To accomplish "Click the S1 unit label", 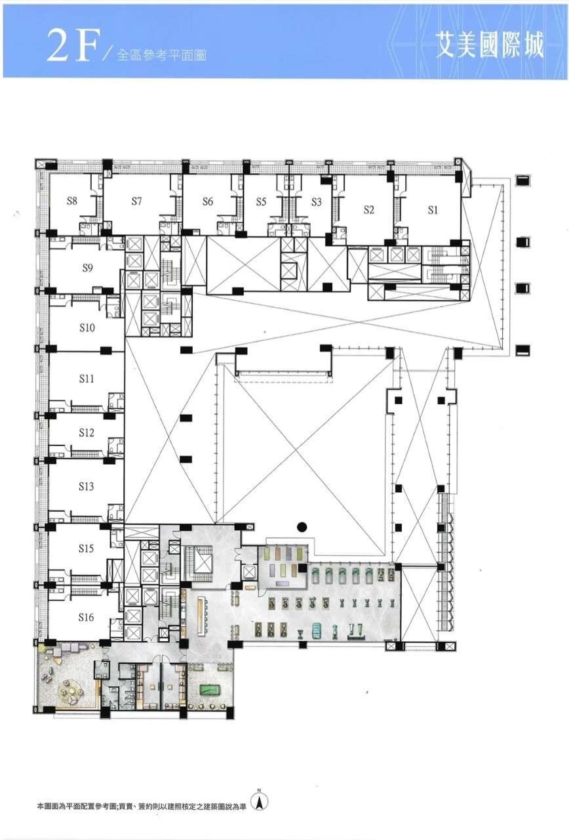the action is tap(433, 211).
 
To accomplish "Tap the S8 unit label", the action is tap(72, 201).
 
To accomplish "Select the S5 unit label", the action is tap(261, 201).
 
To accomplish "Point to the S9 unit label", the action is tap(87, 268).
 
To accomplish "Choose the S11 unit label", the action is tap(87, 379).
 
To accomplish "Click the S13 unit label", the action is tap(86, 486).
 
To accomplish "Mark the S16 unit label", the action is tap(86, 617).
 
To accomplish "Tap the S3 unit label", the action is tap(317, 202).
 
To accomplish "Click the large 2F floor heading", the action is tap(70, 47).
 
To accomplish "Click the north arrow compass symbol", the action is tap(258, 801).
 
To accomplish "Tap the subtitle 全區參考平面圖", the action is tap(161, 56).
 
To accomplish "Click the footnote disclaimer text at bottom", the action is tap(142, 804).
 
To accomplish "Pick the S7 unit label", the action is tap(136, 201).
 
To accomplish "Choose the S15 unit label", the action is tap(86, 548).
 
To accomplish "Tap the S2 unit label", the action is tap(369, 210).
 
